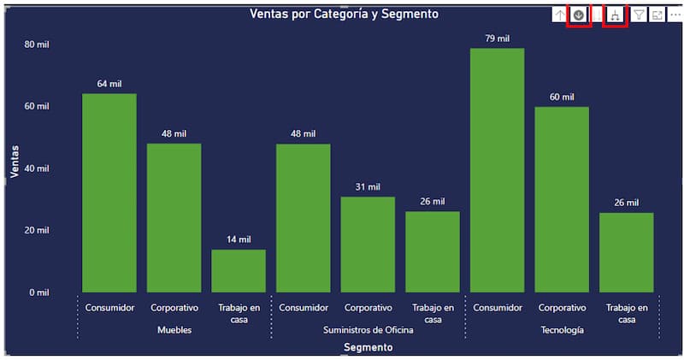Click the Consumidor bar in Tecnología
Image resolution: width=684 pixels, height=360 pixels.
497,171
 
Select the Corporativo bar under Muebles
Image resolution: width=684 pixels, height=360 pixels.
174,218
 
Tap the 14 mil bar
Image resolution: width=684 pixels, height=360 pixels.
239,271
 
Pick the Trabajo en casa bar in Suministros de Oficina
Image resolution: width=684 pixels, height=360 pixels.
433,252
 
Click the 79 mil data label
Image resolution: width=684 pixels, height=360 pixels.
497,38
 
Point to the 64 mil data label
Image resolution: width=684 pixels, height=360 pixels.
109,84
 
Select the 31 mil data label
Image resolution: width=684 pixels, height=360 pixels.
368,186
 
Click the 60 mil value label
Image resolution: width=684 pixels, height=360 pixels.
562,97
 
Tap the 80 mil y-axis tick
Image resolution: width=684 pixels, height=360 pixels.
37,44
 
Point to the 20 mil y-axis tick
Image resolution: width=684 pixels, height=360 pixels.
37,231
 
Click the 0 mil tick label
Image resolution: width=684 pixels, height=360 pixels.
38,292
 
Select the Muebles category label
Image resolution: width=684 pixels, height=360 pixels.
174,330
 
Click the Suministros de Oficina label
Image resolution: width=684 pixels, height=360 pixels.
369,330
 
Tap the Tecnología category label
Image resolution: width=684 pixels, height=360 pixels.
563,330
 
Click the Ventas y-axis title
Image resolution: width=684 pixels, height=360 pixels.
15,161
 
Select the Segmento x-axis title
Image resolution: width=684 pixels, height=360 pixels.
369,347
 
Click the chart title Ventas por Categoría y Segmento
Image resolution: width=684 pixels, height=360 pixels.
345,14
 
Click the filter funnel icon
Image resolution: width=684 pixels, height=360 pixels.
638,15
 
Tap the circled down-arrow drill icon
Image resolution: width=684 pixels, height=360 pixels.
579,15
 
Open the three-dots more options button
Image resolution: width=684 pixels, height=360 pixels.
675,15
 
